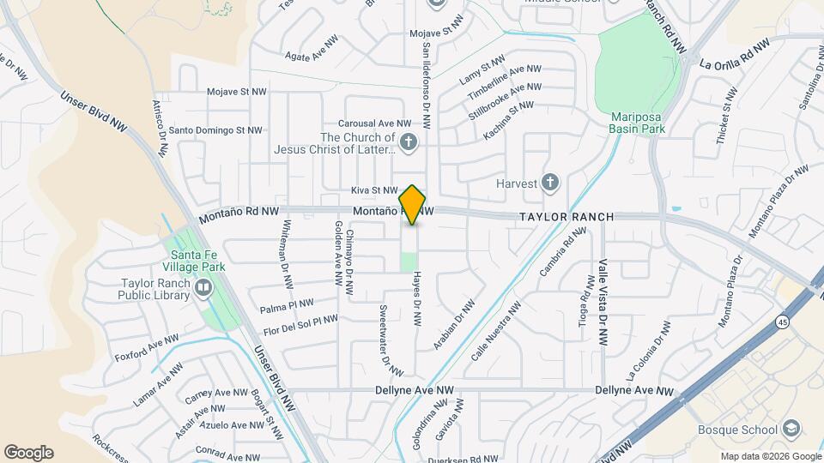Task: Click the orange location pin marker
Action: (x=413, y=204)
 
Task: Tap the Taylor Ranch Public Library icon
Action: (x=203, y=288)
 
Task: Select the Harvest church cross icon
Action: (x=550, y=183)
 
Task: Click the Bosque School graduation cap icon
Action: (x=791, y=429)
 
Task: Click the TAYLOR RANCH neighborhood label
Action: (x=566, y=217)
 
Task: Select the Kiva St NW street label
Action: (x=374, y=190)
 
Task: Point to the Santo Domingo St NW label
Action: (x=214, y=130)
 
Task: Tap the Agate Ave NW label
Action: (x=310, y=54)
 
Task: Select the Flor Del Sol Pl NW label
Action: (x=300, y=325)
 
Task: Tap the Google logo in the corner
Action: (x=28, y=453)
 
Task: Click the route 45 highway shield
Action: (x=783, y=322)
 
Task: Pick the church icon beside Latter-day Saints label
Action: (x=409, y=143)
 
